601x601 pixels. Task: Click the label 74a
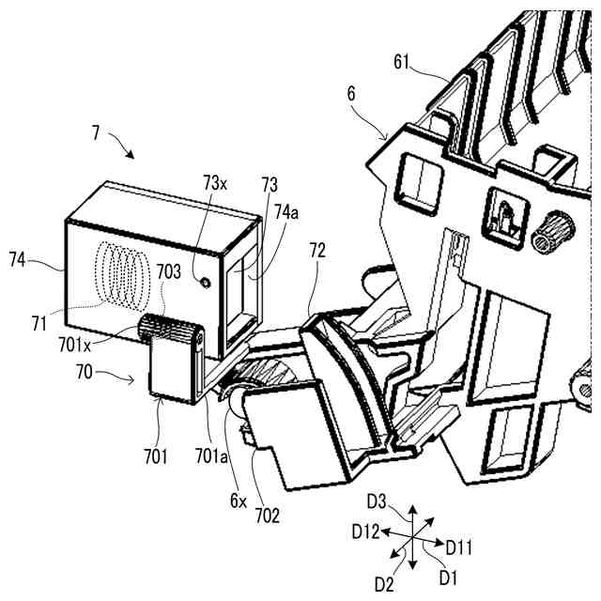289,214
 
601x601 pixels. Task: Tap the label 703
169,270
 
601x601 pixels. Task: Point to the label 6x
238,501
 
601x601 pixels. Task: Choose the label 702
267,515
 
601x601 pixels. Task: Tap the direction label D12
367,532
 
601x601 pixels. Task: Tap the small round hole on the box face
203,280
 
